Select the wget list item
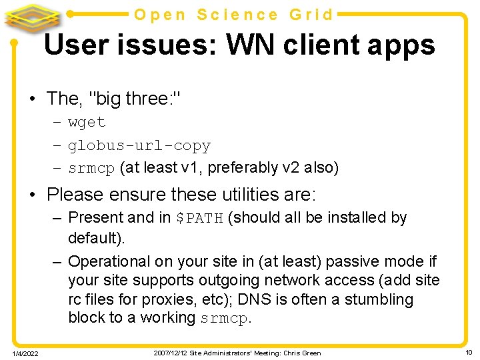point(87,123)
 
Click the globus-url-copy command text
point(139,145)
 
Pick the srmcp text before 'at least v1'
point(91,168)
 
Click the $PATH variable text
point(199,218)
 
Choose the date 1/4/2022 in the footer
point(24,353)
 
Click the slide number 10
point(469,352)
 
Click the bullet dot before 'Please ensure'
point(32,195)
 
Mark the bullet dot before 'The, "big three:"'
point(32,99)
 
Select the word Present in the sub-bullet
point(95,217)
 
